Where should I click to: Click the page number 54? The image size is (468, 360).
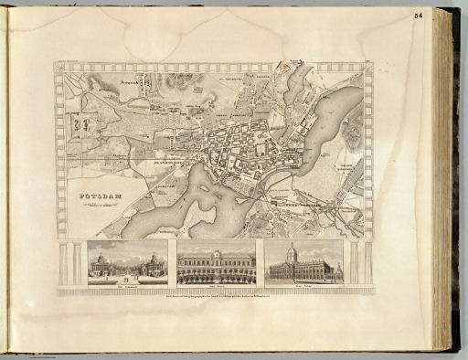445,14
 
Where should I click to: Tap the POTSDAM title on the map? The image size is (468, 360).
88,197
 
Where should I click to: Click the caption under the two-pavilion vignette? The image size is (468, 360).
127,287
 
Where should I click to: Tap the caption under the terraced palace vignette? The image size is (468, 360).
216,287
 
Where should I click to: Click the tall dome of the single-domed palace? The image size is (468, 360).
291,253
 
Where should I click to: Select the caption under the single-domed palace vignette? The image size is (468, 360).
303,287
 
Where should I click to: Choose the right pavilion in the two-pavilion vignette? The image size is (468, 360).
154,265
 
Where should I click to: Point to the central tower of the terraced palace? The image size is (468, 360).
216,252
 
